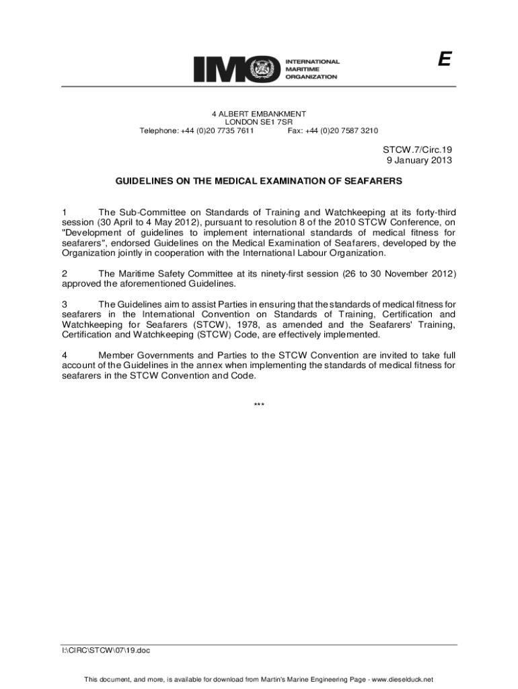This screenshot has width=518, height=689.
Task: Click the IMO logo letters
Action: point(235,69)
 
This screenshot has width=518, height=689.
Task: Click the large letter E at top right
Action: point(443,60)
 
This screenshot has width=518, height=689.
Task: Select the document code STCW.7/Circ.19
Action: point(418,149)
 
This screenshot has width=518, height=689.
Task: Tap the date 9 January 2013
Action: point(418,160)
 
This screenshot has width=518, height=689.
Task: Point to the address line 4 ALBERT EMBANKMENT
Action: point(259,114)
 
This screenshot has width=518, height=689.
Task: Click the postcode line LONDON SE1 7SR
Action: point(259,122)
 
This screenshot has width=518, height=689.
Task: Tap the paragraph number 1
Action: point(65,213)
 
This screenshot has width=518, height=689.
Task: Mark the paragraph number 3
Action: point(65,304)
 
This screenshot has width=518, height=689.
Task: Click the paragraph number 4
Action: point(65,355)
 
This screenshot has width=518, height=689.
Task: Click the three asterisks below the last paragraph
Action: point(259,405)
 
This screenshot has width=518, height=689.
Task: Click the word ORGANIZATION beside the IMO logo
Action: point(312,77)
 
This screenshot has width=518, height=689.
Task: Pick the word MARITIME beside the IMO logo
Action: point(305,69)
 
